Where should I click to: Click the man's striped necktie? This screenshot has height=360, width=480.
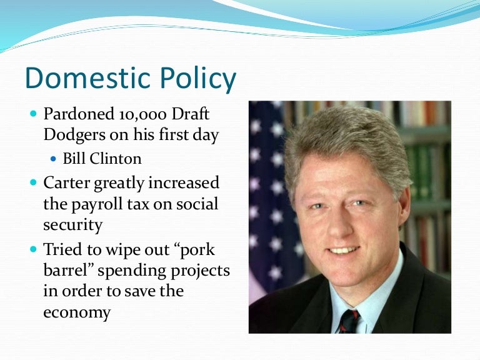(x=348, y=322)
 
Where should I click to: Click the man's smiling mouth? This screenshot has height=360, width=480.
(x=344, y=250)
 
